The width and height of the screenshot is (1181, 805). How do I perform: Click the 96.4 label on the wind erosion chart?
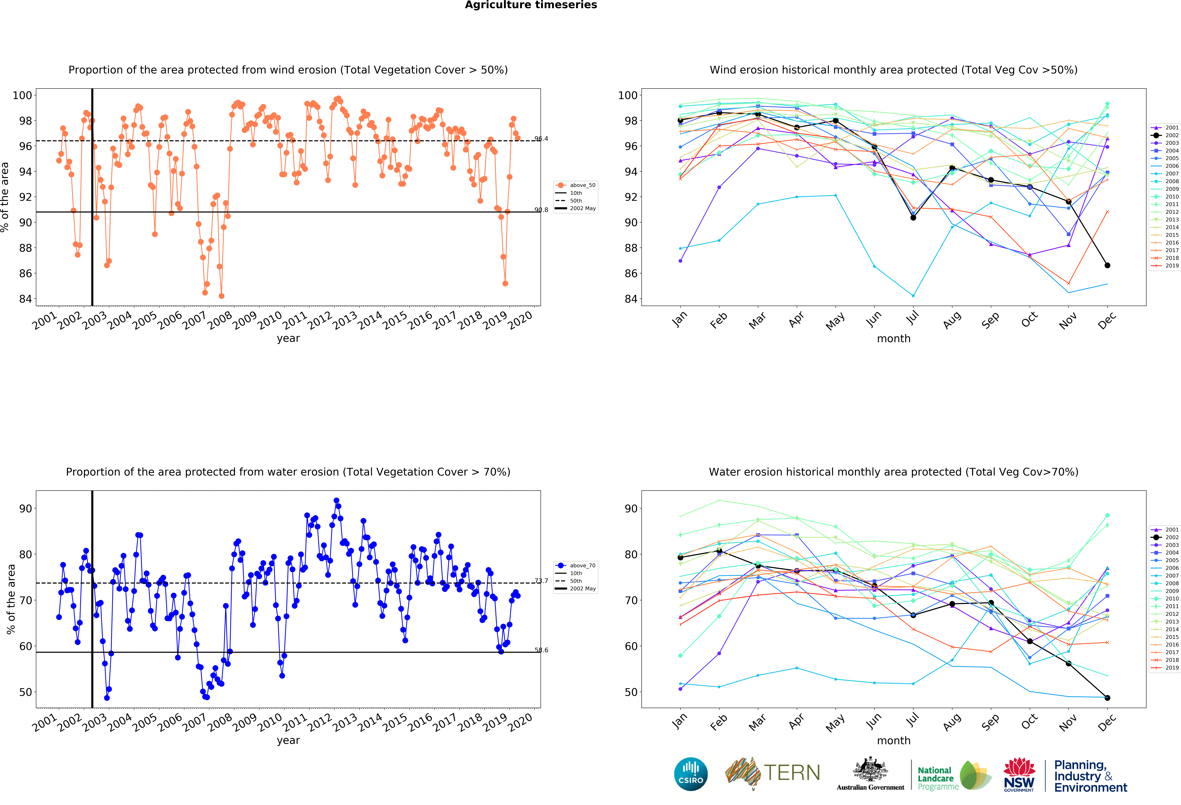541,139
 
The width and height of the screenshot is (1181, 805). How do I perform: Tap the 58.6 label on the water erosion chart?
541,650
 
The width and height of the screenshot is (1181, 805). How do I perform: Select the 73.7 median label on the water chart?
541,581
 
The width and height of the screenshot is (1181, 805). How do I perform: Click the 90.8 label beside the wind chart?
541,210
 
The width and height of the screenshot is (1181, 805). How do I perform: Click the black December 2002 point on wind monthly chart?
1107,265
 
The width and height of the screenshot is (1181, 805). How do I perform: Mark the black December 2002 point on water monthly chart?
1107,698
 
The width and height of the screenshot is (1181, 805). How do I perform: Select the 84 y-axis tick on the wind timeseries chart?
25,299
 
